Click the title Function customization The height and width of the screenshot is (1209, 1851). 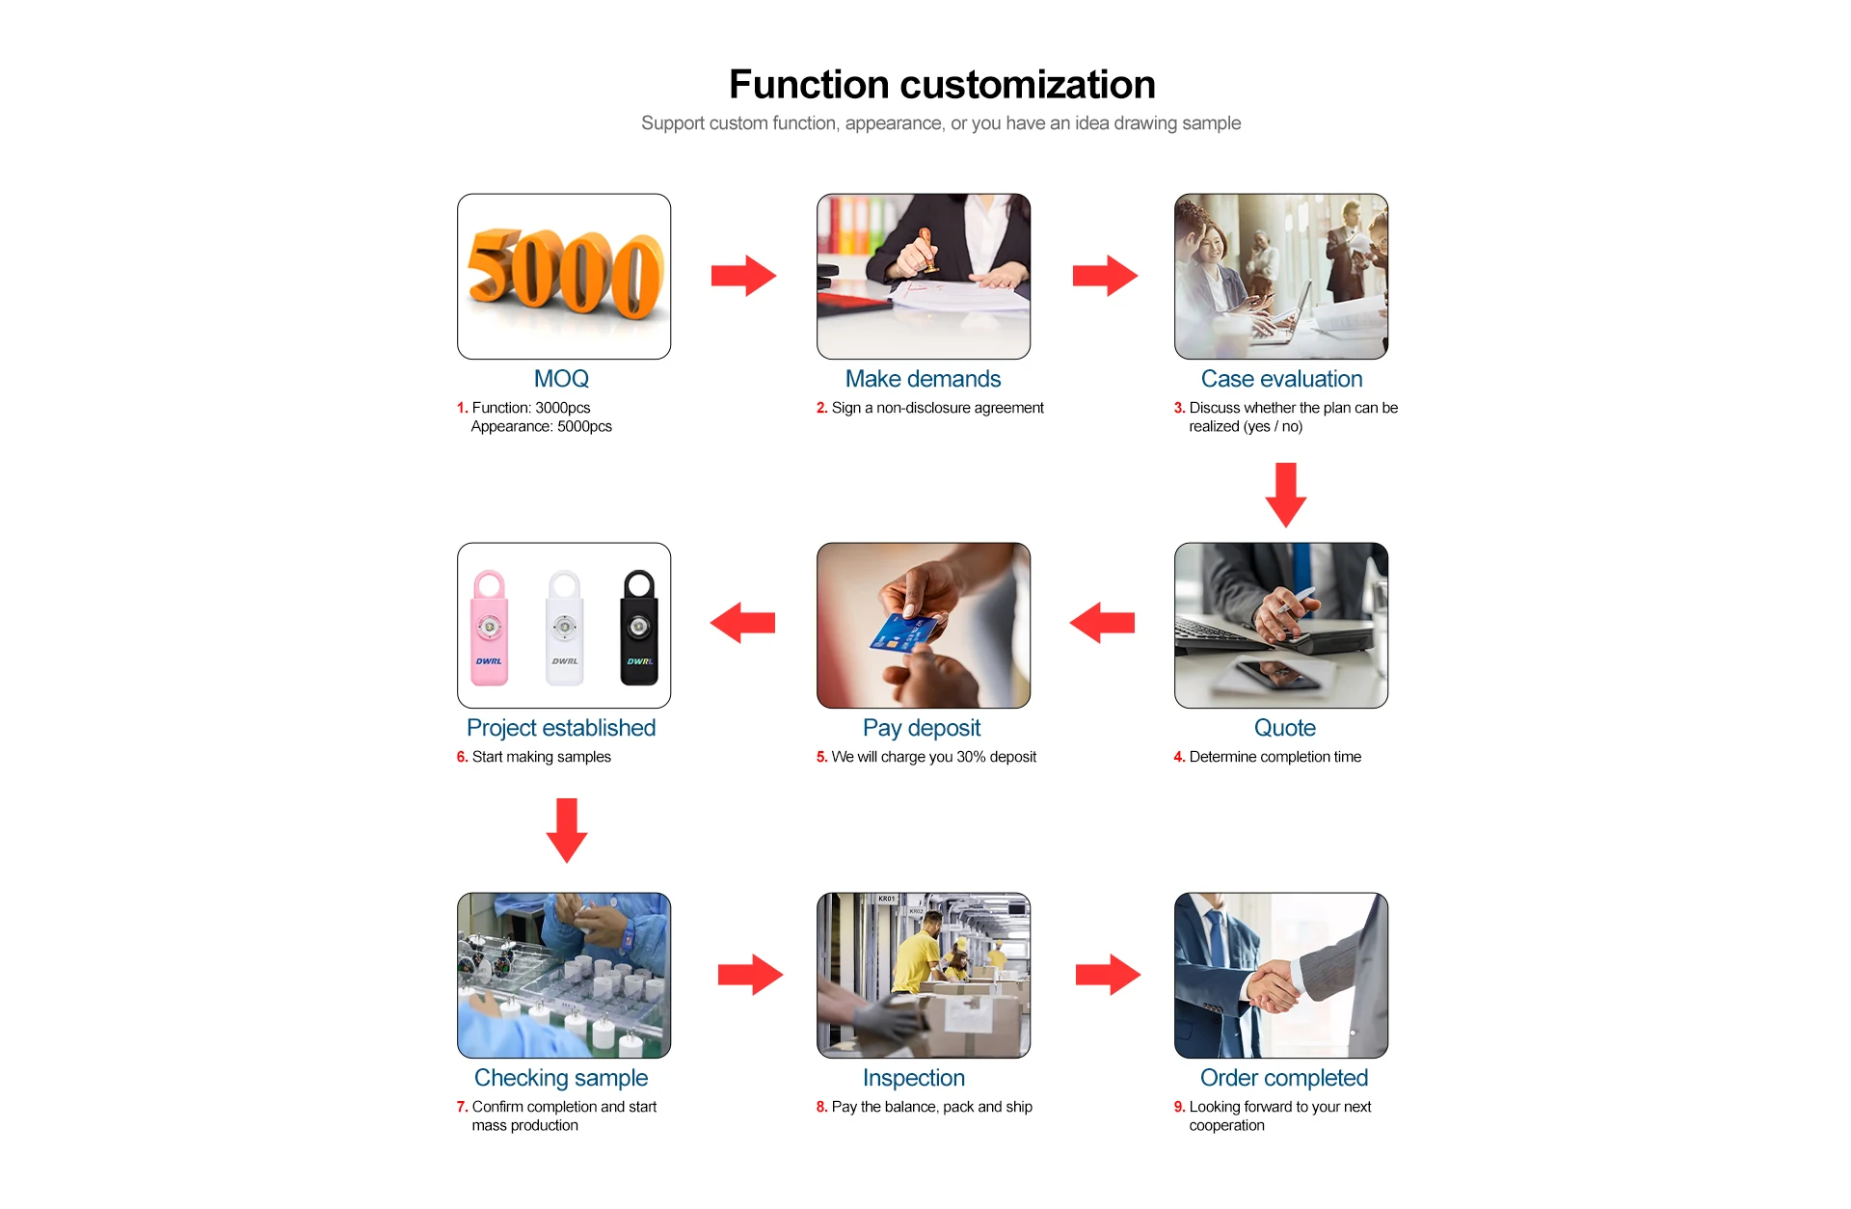tap(942, 85)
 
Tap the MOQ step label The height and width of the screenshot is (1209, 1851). tap(561, 379)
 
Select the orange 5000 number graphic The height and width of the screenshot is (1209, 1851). tap(565, 274)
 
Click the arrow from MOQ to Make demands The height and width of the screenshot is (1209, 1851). tap(743, 276)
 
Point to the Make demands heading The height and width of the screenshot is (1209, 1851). tap(923, 379)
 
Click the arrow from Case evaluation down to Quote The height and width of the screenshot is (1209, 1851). tap(1285, 494)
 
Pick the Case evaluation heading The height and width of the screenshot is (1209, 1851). tap(1281, 379)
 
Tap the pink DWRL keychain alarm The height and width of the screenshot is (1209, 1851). tap(489, 628)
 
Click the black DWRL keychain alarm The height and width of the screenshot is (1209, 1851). tap(638, 628)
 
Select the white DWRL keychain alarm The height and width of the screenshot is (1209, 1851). tap(564, 628)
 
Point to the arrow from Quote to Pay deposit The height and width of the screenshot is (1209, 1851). tap(1102, 623)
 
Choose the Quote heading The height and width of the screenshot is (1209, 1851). tap(1284, 728)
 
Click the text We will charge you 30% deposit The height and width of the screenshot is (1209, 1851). tap(933, 757)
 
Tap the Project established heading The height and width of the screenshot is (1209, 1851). tap(561, 728)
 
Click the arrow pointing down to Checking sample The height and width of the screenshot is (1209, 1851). tap(567, 829)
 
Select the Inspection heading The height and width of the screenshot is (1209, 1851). tap(913, 1078)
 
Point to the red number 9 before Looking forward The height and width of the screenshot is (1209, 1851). tap(1178, 1107)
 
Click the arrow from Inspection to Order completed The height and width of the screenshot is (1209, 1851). tap(1108, 975)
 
